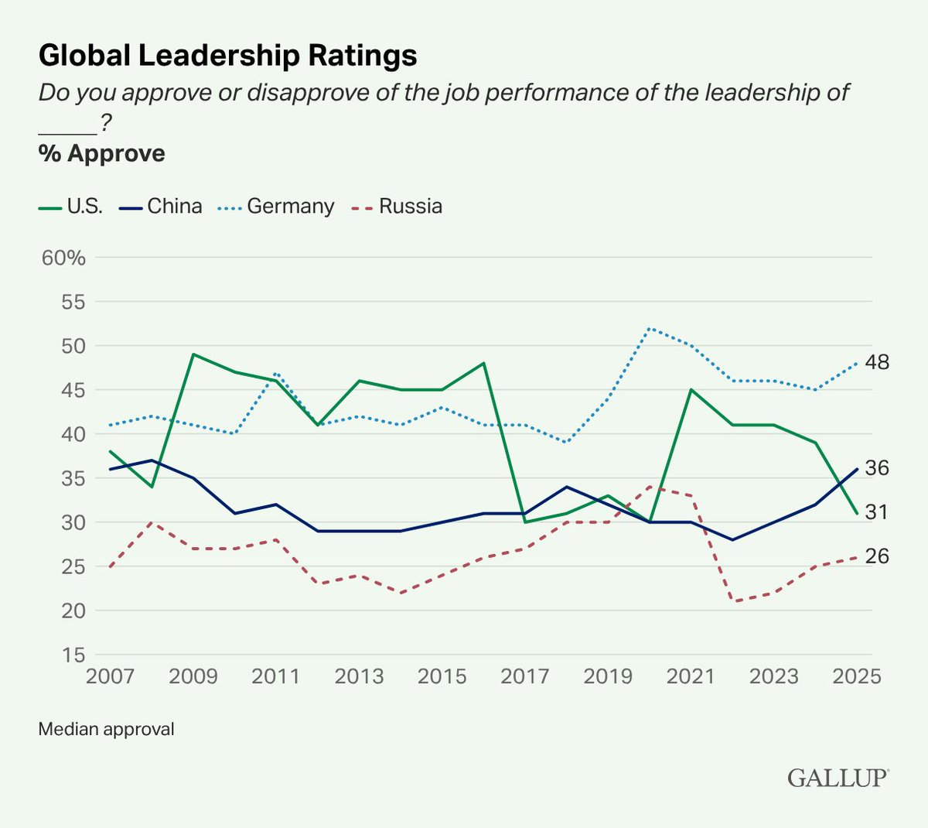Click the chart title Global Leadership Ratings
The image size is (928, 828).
coord(227,56)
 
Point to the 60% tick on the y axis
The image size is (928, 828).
coord(63,258)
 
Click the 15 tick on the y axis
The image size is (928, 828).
coord(73,655)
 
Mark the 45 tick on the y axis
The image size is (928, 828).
coord(73,390)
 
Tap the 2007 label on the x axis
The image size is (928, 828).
coord(110,676)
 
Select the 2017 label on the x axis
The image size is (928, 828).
coord(525,676)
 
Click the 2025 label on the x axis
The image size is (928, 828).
coord(857,676)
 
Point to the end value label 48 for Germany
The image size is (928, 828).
coord(878,362)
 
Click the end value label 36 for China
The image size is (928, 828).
coord(878,468)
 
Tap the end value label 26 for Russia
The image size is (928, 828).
coord(878,556)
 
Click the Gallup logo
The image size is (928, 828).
coord(838,778)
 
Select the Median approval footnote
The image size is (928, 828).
coord(106,729)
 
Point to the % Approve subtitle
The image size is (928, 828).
coord(101,153)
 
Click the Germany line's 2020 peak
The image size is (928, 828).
coord(650,328)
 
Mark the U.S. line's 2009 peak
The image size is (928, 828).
coord(193,354)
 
